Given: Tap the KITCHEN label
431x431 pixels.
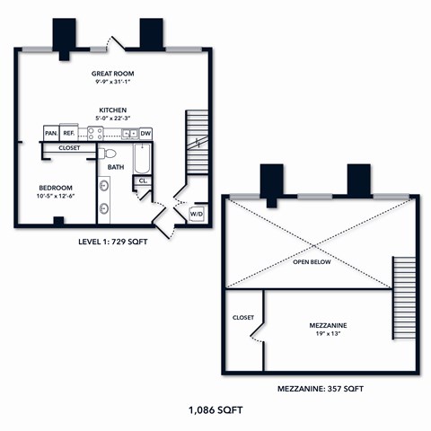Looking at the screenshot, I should pos(112,110).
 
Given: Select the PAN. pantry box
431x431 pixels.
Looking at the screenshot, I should pos(50,133).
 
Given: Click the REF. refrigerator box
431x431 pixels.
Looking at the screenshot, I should pos(68,133).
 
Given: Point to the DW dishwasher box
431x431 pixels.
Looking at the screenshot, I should pos(145,133).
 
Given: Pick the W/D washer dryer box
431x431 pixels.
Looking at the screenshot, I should pos(197,214).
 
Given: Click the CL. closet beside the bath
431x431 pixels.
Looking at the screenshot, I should pos(142,181).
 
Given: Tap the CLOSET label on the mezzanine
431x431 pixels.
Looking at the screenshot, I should pos(243,317).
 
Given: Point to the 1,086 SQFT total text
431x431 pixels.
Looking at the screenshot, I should pos(215,409).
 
